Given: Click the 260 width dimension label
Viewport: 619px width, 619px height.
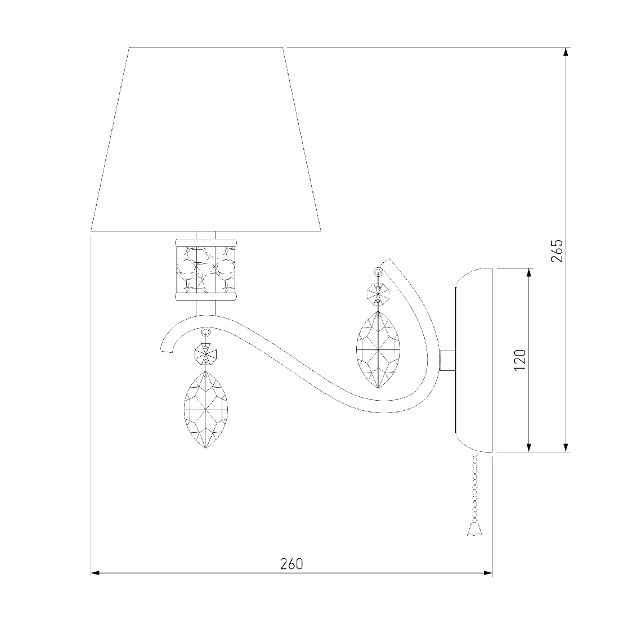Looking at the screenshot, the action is click(x=291, y=564).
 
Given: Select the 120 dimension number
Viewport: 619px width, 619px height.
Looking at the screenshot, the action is click(x=520, y=360).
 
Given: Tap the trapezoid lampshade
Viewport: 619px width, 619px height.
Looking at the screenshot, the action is click(x=206, y=140).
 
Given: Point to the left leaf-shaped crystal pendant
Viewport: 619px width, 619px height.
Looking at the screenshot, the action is click(x=205, y=409).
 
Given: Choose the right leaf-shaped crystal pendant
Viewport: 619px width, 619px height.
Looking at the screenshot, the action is click(x=378, y=349).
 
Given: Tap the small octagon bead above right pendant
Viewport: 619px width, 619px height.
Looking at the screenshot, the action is click(x=378, y=293).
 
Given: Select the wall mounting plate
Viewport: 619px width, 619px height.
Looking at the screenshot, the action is click(x=474, y=360).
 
